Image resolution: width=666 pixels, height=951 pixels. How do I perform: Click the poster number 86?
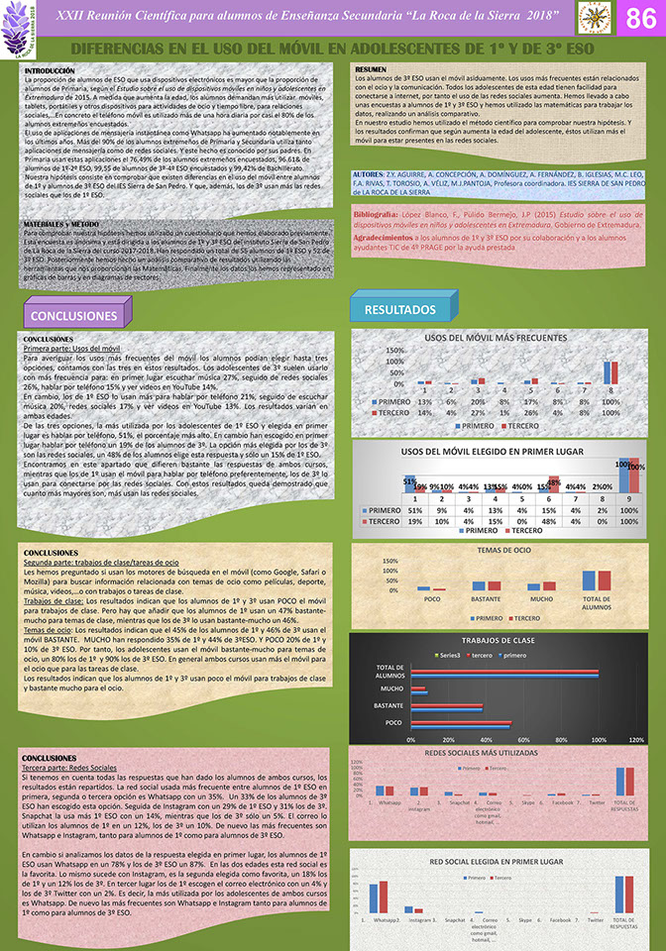(635, 19)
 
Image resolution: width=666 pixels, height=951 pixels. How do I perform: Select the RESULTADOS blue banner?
(400, 310)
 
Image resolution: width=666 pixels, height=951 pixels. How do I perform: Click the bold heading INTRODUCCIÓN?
(49, 72)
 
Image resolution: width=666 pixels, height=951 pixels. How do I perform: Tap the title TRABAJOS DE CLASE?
(498, 642)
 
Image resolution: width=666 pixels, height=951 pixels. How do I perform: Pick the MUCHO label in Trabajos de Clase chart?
(391, 688)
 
